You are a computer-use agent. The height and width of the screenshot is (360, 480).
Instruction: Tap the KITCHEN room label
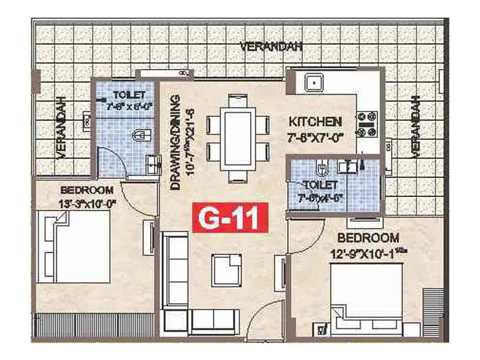(314, 121)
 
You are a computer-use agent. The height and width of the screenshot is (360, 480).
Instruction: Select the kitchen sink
(314, 83)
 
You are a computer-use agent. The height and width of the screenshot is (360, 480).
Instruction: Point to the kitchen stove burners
(366, 124)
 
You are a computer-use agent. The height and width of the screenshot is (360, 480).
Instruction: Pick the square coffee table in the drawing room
(228, 265)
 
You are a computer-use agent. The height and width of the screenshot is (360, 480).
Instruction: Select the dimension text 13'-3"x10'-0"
(88, 202)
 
